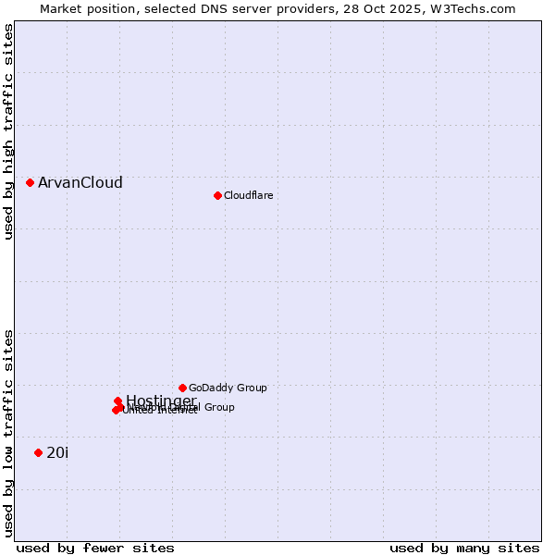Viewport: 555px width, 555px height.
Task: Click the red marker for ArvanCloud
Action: tap(30, 183)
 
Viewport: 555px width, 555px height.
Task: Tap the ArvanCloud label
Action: tap(80, 183)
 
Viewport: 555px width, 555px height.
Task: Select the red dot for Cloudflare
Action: tap(217, 195)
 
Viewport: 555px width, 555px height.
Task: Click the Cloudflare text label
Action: tap(249, 195)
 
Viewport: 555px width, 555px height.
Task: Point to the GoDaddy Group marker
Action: tap(182, 388)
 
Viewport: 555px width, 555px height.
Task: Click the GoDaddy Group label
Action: tap(228, 388)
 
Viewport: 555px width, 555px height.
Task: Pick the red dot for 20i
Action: tap(38, 452)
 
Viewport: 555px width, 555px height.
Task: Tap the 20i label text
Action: tap(57, 452)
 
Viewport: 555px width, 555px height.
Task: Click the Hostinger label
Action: tap(161, 401)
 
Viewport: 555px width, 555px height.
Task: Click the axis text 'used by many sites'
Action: tap(464, 548)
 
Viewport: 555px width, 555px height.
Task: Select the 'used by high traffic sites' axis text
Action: tap(8, 132)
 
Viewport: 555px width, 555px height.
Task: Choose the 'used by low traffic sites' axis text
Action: tap(8, 432)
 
